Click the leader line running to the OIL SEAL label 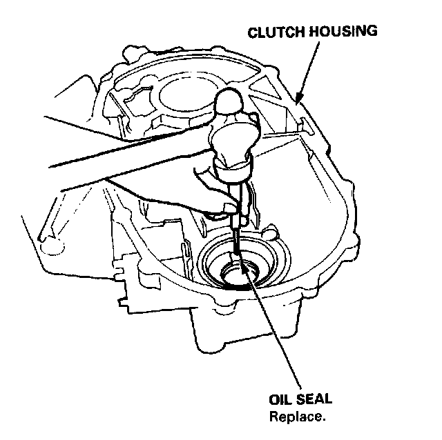coord(276,331)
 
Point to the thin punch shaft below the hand coord(237,238)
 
